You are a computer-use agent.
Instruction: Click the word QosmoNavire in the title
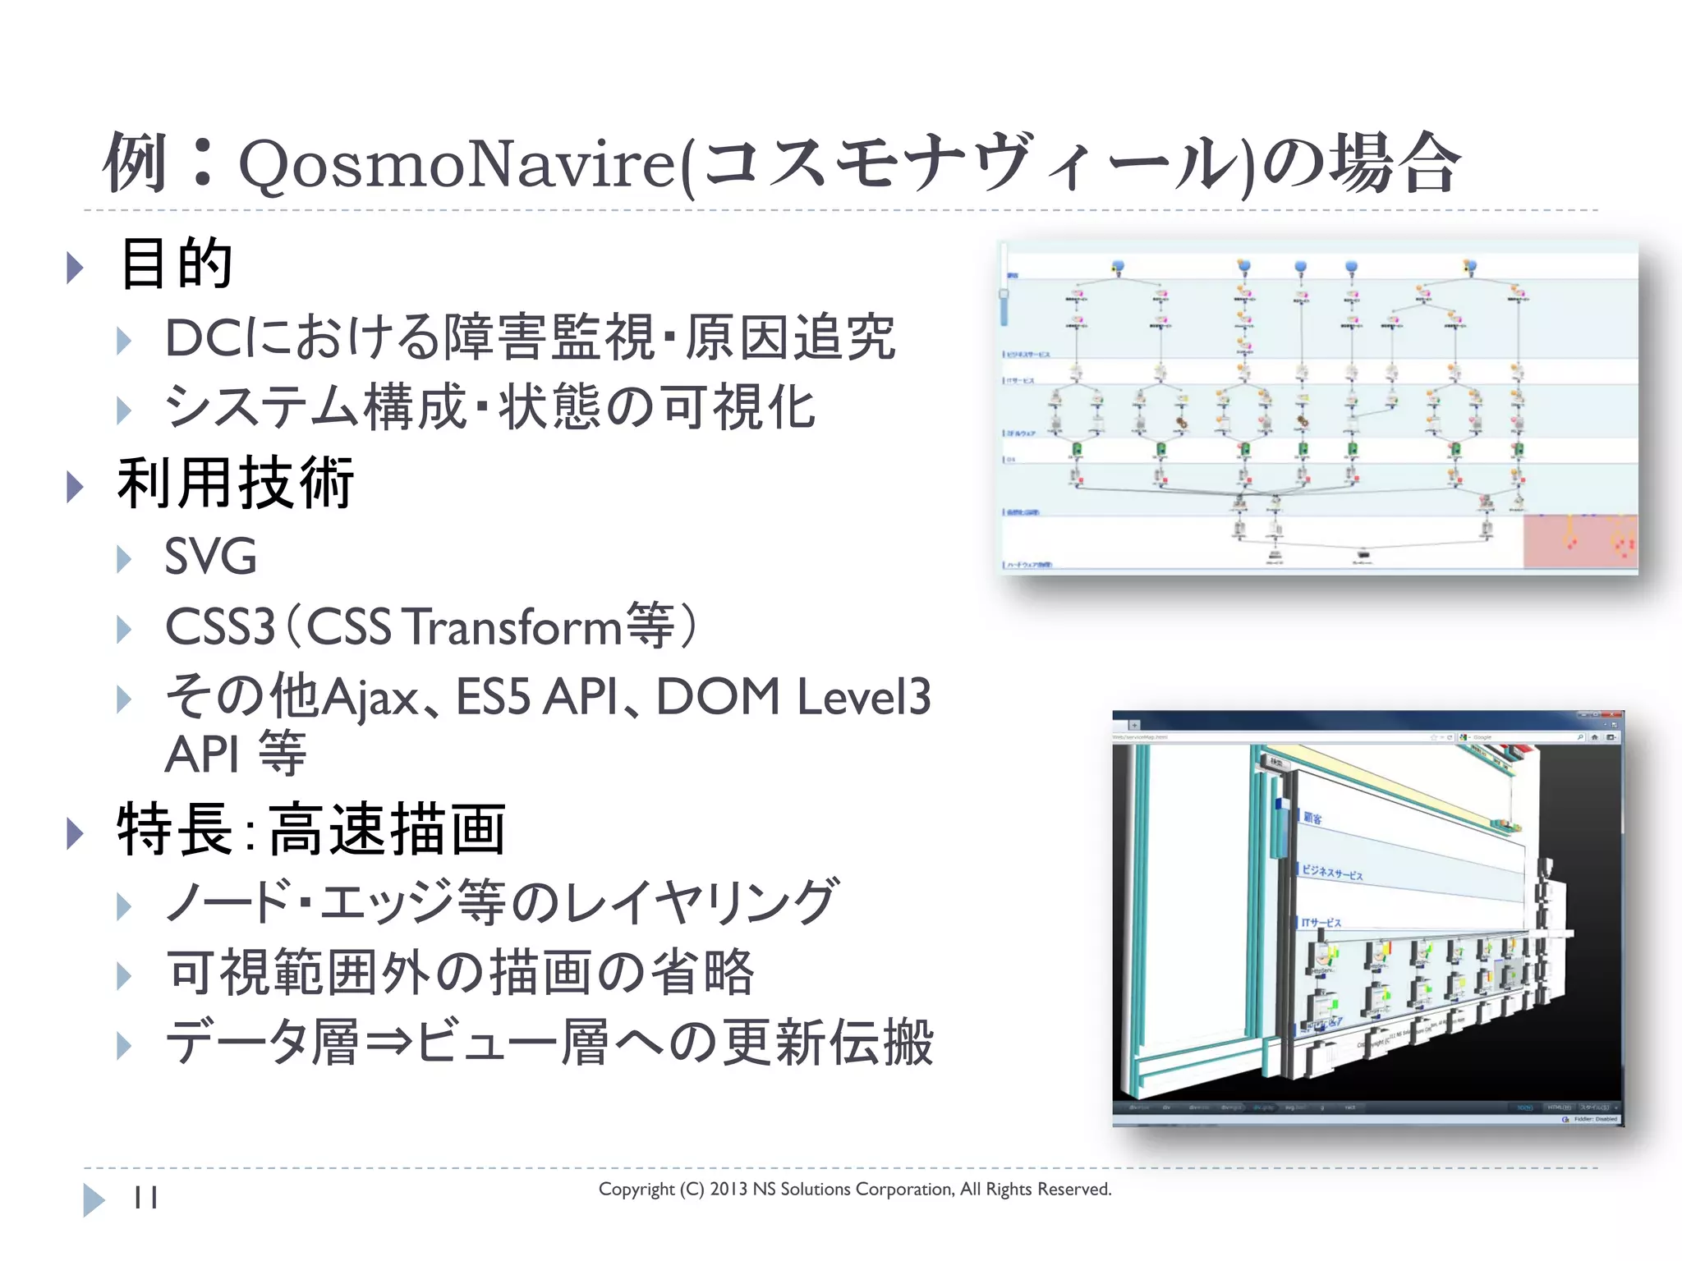click(x=457, y=165)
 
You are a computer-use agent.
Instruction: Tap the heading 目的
click(x=176, y=264)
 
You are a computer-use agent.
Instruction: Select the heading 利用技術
click(x=235, y=484)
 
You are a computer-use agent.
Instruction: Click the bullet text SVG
click(x=210, y=557)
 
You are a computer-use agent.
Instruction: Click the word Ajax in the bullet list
click(x=370, y=699)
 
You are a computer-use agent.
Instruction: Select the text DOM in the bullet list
click(x=718, y=697)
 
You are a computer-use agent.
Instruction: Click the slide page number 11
click(x=145, y=1198)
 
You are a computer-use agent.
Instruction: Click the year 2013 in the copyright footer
click(x=728, y=1190)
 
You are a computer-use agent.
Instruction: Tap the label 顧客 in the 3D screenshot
click(x=1312, y=819)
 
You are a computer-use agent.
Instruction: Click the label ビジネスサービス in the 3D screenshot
click(x=1332, y=873)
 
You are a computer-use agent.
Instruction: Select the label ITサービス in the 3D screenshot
click(x=1321, y=923)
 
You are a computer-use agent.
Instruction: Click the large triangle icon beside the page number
click(x=94, y=1199)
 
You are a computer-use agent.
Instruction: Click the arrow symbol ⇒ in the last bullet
click(x=388, y=1043)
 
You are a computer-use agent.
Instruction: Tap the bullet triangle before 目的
click(x=75, y=268)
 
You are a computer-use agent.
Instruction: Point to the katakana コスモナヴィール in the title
click(x=969, y=163)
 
